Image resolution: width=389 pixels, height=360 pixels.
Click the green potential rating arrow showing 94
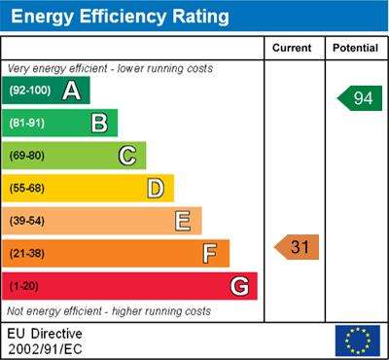(x=360, y=98)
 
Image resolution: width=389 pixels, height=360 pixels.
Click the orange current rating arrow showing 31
(x=297, y=247)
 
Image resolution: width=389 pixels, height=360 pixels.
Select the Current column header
(x=292, y=48)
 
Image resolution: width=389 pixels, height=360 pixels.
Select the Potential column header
(x=355, y=48)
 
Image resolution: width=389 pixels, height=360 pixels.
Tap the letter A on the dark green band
(x=72, y=90)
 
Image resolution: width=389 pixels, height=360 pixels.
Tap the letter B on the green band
(x=99, y=124)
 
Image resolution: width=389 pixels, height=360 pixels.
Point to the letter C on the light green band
(x=127, y=156)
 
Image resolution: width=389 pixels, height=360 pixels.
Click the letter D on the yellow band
(x=156, y=189)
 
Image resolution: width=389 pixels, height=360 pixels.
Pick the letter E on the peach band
(x=183, y=221)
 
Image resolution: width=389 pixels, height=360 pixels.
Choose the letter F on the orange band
(x=210, y=254)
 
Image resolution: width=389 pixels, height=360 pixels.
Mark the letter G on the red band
(x=239, y=287)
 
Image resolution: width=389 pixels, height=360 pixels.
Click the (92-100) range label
(x=30, y=90)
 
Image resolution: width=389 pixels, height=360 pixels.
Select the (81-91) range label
(x=27, y=124)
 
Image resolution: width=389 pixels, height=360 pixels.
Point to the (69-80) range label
(x=27, y=156)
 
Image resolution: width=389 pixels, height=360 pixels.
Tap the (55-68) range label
(x=27, y=189)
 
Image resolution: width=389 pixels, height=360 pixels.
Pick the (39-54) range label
(x=27, y=221)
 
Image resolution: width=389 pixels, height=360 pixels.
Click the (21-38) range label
(x=27, y=254)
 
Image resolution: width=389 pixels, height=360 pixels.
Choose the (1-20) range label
(x=23, y=286)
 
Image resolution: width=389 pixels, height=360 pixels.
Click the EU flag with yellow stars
(x=358, y=341)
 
